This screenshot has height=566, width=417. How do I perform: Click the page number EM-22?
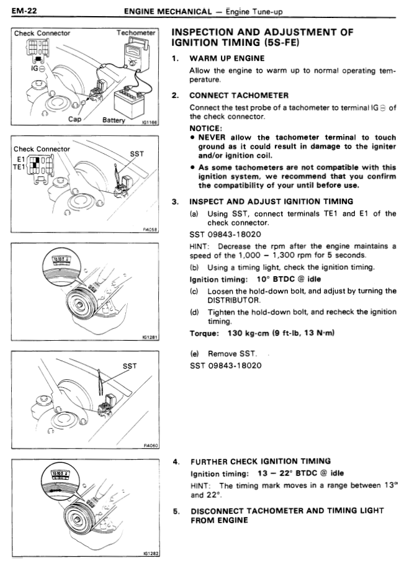(x=23, y=11)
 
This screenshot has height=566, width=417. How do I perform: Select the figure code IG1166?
(x=150, y=124)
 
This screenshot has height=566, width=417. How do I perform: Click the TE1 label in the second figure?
(x=20, y=167)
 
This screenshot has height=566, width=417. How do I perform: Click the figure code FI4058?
(x=151, y=229)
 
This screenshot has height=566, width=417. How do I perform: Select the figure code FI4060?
(x=151, y=446)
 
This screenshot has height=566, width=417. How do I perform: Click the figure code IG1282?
(x=151, y=554)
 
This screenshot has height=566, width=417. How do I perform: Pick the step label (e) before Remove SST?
(x=194, y=353)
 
